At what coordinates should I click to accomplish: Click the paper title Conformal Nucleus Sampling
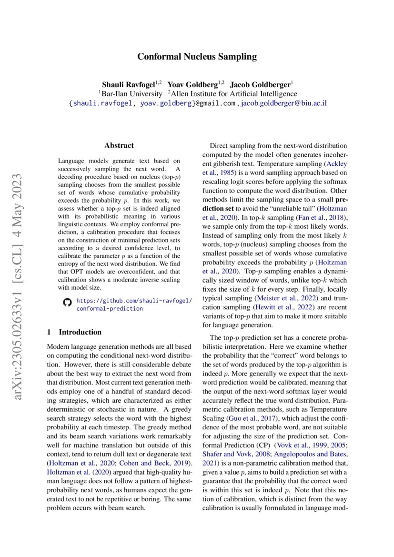click(197, 57)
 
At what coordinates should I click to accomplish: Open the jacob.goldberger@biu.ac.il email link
click(284, 103)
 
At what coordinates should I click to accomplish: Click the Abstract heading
click(119, 145)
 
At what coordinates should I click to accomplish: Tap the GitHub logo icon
click(67, 302)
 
